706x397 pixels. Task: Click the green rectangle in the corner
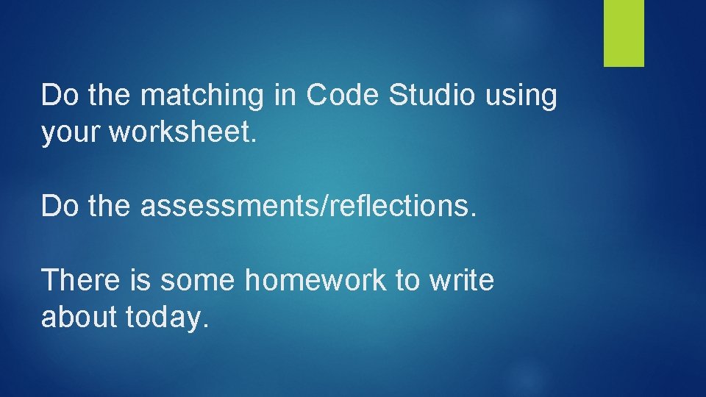[624, 32]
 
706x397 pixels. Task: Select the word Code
[340, 95]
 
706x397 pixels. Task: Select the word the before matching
[111, 95]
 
